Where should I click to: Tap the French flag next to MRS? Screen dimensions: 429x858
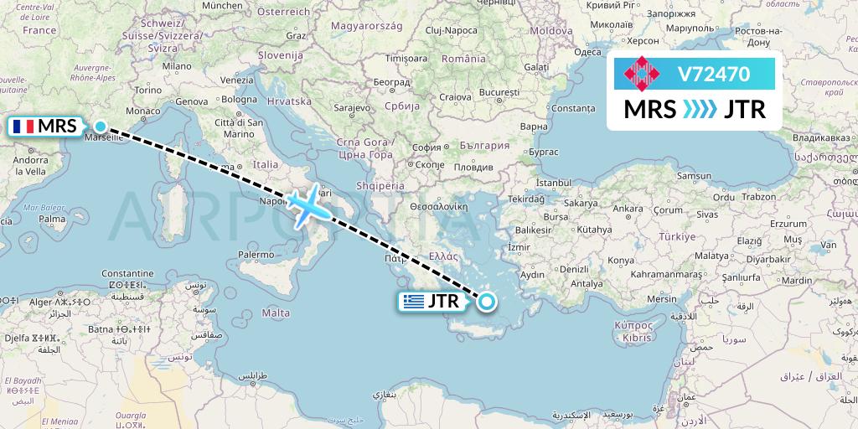tap(23, 127)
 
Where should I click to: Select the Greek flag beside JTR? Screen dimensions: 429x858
tap(413, 302)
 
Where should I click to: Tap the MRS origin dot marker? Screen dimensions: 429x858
tap(101, 127)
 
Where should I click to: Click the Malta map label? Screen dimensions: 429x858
tap(276, 313)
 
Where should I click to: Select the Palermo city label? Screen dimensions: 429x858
tap(256, 254)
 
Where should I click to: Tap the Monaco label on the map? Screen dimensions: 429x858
tap(142, 111)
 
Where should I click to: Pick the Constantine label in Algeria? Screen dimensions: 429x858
tap(127, 274)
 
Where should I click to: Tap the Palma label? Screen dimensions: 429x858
tap(52, 220)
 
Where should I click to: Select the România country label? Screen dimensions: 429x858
tap(463, 59)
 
